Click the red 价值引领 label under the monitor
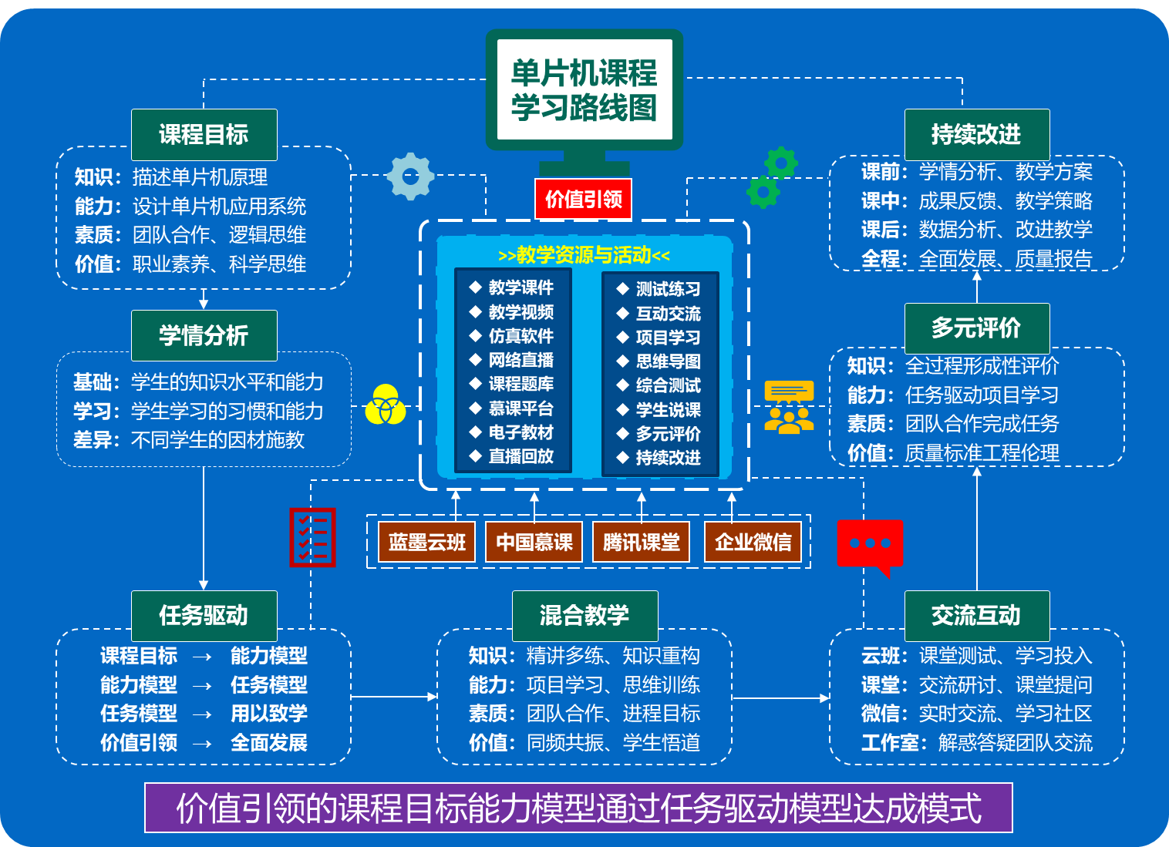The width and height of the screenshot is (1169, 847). click(x=583, y=200)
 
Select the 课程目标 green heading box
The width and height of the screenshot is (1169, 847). click(x=204, y=135)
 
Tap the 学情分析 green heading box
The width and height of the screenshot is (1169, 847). click(x=204, y=336)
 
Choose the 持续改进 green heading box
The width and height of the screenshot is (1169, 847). click(x=976, y=135)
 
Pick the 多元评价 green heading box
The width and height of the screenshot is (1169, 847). click(x=976, y=328)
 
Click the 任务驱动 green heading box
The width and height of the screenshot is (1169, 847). click(x=204, y=616)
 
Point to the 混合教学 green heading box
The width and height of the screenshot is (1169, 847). click(x=584, y=616)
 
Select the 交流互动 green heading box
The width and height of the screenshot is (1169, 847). click(x=976, y=616)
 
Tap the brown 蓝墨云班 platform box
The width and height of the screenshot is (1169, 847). click(x=427, y=543)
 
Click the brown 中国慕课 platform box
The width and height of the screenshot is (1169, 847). click(x=534, y=543)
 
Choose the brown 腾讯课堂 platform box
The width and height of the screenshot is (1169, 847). click(x=642, y=543)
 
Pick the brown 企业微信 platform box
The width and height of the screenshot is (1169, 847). click(x=753, y=543)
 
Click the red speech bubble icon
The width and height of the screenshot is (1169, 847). click(x=870, y=545)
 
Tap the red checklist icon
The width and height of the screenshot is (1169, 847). click(x=312, y=537)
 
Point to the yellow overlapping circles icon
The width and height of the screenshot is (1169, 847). click(x=386, y=405)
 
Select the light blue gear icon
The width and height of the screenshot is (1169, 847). click(x=410, y=176)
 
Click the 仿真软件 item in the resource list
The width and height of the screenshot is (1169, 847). click(x=520, y=336)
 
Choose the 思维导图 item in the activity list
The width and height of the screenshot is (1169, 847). click(x=668, y=361)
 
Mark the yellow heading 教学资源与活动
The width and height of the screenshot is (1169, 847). click(x=584, y=255)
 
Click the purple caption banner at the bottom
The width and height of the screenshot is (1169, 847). click(x=578, y=808)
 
